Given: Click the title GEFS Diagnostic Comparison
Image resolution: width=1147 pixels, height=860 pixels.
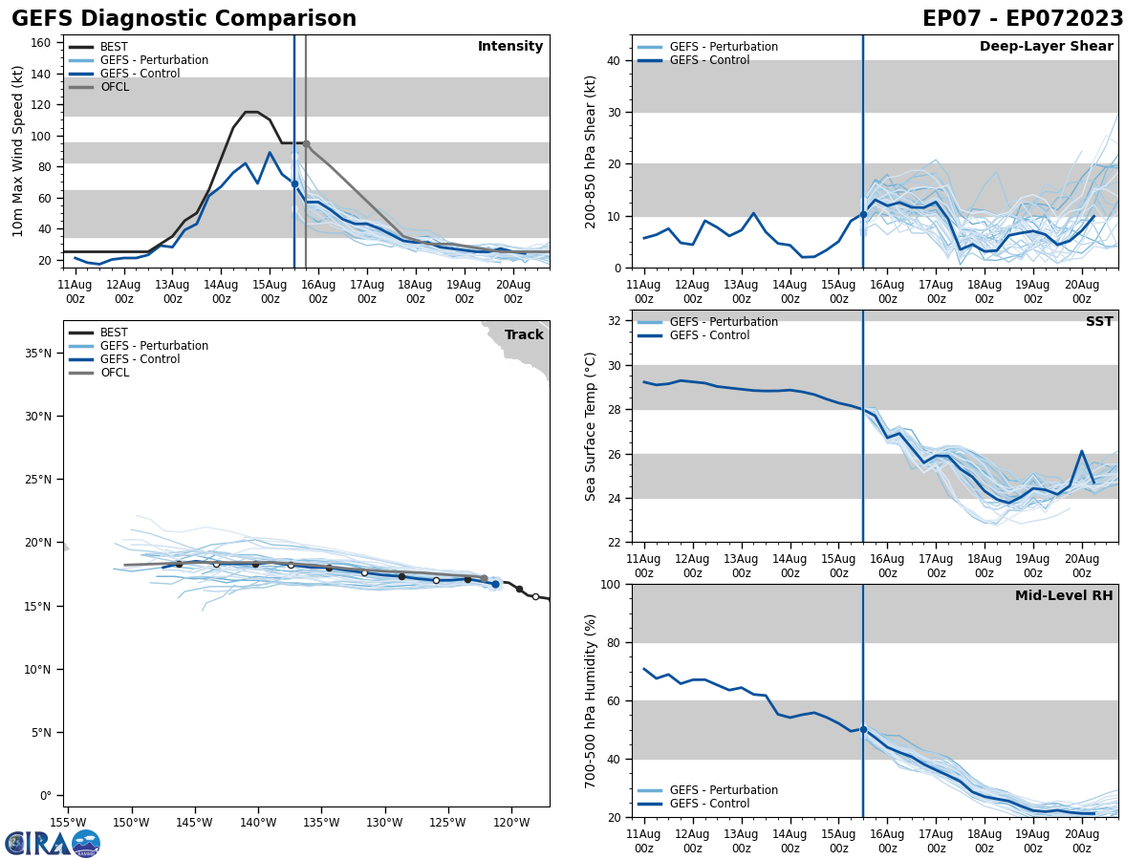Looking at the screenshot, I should (184, 19).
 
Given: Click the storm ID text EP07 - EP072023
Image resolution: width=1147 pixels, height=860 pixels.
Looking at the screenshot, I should (1023, 19).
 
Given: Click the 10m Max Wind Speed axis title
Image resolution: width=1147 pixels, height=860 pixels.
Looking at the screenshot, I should (18, 151).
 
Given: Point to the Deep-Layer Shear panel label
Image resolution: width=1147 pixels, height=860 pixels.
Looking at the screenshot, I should (1046, 47).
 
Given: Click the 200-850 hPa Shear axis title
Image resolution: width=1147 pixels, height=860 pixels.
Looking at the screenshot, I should (590, 151).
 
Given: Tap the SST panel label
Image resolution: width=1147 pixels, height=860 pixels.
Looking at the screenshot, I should (1099, 322).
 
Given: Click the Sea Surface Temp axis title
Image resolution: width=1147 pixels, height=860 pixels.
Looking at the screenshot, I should (590, 426).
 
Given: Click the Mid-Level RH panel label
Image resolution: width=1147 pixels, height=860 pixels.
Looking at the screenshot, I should (1064, 596).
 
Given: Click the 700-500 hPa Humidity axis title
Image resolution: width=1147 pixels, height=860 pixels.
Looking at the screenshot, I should (590, 700).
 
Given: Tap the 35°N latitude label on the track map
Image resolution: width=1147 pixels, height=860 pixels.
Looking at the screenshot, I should (39, 354).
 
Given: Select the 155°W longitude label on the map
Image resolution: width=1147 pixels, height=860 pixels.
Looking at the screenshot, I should (68, 823).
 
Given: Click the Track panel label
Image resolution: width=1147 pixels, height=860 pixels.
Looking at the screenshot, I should (524, 334).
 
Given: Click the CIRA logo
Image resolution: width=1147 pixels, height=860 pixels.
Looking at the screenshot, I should (52, 843).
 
